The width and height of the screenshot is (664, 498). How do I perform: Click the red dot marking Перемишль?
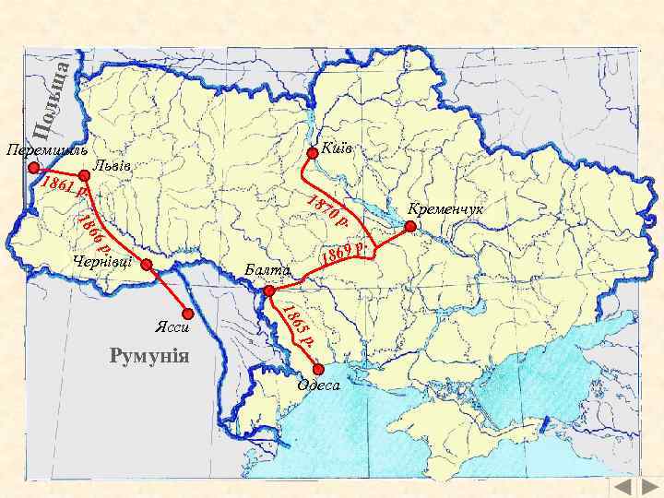[x=34, y=168]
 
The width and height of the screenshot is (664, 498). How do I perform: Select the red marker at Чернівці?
[x=147, y=264]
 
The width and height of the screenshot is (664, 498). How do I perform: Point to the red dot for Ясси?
[x=189, y=313]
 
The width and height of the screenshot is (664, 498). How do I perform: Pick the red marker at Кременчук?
[x=410, y=226]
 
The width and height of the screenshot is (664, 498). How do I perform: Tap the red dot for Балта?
[x=269, y=291]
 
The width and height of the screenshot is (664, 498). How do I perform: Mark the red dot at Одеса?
[x=319, y=369]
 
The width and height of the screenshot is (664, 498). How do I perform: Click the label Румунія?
[x=148, y=356]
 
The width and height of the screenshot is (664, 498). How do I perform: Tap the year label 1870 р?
[x=327, y=210]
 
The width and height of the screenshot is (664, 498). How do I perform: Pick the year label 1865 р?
[x=299, y=326]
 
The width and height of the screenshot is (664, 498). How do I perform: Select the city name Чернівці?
[x=101, y=262]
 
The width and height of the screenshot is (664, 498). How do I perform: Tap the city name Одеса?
[x=318, y=385]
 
